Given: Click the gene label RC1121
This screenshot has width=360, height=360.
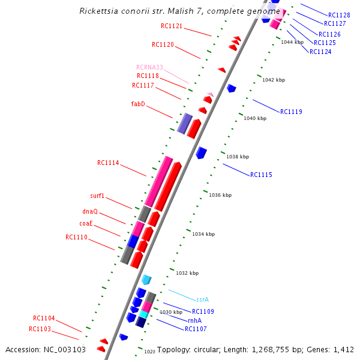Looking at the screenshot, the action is tap(172, 26).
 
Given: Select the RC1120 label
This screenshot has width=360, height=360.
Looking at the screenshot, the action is tap(163, 44).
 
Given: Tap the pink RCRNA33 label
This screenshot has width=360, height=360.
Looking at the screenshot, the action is tap(149, 67).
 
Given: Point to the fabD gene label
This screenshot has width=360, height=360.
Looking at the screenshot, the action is tap(138, 104).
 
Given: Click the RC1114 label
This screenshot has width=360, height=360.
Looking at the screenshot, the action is tap(108, 163).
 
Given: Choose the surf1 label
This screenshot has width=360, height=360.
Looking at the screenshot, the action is tap(97, 196).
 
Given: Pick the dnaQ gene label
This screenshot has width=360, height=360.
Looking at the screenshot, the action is tap(90, 211).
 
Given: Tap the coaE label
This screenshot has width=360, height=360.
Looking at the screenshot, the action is tap(86, 223).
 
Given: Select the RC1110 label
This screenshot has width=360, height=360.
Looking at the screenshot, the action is tap(76, 237).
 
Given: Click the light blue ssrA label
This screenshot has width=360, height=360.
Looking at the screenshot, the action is tap(202, 299).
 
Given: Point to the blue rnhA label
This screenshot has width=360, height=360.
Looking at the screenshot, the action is tap(194, 320).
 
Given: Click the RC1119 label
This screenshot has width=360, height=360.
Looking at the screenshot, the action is tap(291, 112).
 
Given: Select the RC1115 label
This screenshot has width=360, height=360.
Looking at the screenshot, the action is tap(261, 175).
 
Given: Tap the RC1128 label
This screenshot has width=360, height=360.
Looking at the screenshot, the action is tap(339, 15).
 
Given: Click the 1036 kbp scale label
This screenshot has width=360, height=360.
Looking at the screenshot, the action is tap(220, 195).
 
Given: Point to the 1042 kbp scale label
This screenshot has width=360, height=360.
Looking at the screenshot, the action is tap(274, 80).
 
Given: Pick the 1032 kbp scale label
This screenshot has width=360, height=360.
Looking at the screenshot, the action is tap(187, 273).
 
